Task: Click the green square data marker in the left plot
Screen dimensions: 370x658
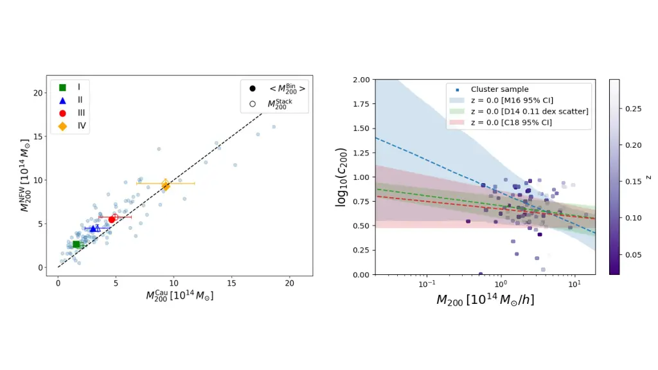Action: (76, 244)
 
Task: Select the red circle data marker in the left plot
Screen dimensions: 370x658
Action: (112, 219)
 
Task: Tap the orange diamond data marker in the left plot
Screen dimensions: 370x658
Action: (166, 185)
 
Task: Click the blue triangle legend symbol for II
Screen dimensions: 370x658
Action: (63, 100)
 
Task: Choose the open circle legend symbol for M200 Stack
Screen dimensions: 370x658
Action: (253, 103)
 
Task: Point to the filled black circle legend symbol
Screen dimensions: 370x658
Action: (253, 88)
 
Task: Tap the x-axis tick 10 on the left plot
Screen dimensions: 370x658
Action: (173, 282)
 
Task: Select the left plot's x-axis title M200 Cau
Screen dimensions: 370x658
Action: (179, 295)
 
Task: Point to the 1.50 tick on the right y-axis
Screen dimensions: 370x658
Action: (360, 128)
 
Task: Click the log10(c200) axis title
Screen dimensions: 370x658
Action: (341, 177)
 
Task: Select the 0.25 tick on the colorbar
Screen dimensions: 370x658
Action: (634, 110)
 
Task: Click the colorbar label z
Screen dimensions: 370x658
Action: (649, 177)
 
